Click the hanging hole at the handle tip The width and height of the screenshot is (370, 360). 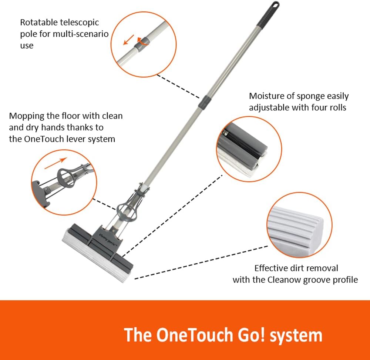pyautogui.click(x=275, y=5)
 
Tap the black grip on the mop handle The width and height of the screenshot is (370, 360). pyautogui.click(x=268, y=14)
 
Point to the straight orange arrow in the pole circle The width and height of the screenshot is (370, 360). pyautogui.click(x=129, y=40)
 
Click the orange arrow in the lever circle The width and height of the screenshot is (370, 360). pyautogui.click(x=56, y=163)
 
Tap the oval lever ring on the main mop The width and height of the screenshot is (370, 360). pyautogui.click(x=127, y=211)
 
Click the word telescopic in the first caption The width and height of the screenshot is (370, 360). pyautogui.click(x=80, y=23)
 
